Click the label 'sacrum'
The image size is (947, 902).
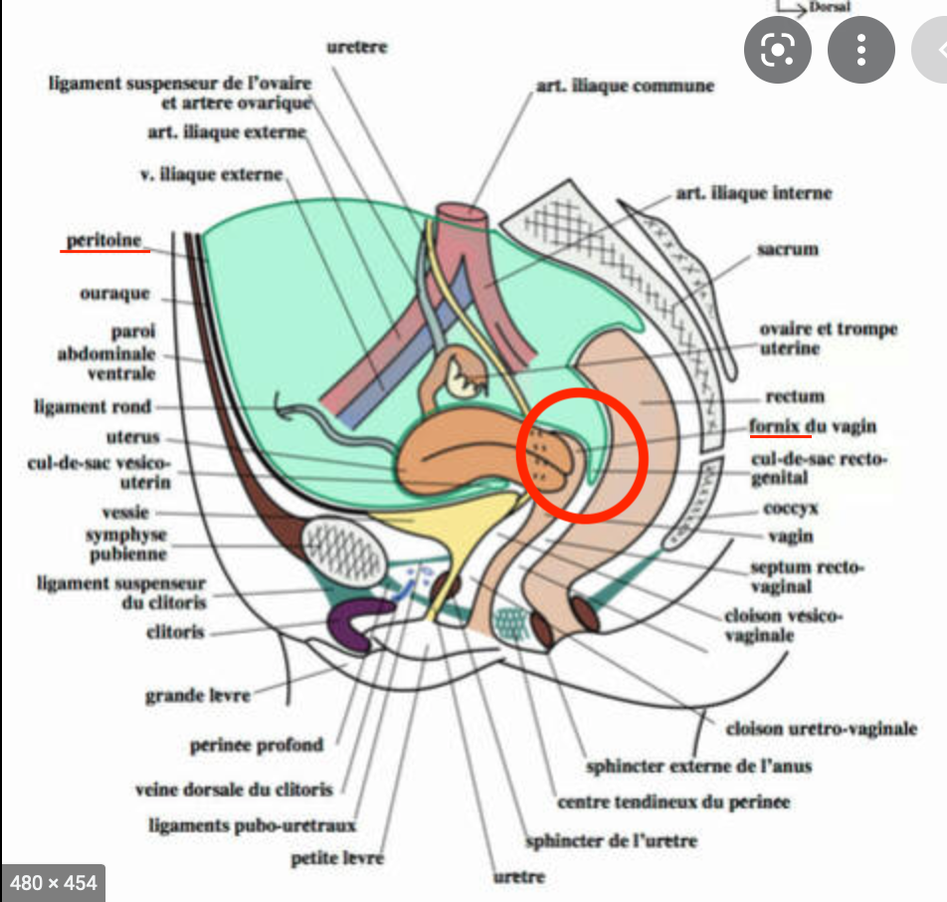787,249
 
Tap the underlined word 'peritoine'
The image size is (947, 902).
104,241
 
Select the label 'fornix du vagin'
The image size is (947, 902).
813,427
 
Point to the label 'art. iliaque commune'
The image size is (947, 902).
625,87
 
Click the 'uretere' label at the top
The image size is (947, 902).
357,47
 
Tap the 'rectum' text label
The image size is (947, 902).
795,396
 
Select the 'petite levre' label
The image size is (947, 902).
337,857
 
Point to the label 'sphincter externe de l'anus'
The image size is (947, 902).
698,766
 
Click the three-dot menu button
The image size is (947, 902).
861,49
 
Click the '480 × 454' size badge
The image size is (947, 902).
54,882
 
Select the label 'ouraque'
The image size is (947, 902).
115,294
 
